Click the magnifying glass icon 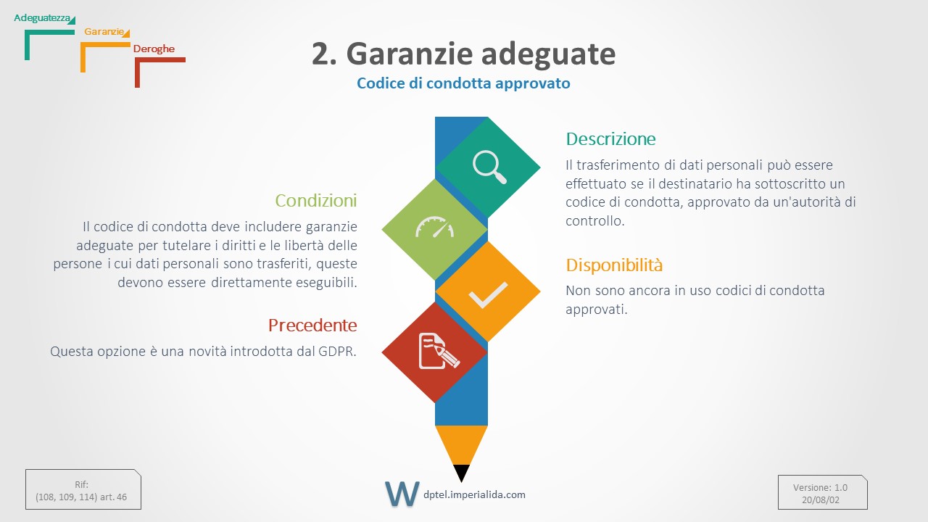point(489,167)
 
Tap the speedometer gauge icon point(434,227)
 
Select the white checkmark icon point(488,295)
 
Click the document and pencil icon point(439,351)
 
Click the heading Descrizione point(610,138)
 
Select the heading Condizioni point(315,201)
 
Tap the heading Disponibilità point(614,265)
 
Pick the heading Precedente point(312,326)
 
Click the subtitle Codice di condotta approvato point(463,83)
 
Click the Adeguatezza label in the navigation point(42,18)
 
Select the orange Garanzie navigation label point(104,31)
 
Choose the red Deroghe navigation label point(154,49)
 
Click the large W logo point(402,494)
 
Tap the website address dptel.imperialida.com point(474,494)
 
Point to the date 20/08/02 point(820,500)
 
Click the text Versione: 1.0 point(820,488)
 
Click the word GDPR point(337,352)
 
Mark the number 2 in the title point(323,54)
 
